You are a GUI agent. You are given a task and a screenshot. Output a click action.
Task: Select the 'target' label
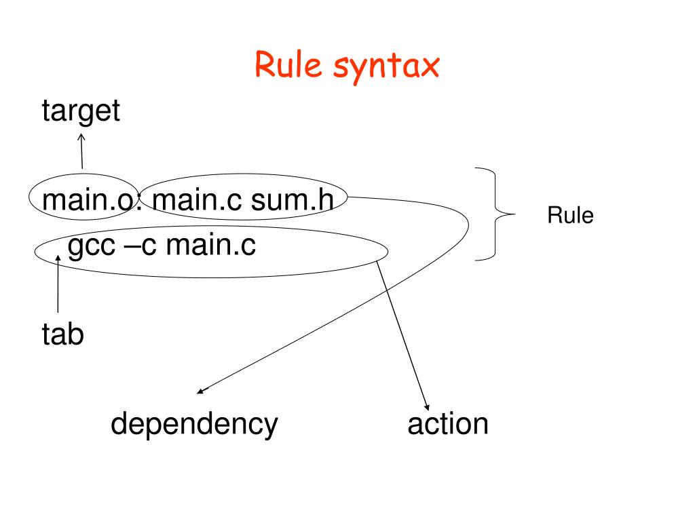tap(81, 111)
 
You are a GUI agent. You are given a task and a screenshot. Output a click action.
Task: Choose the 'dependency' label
tap(194, 425)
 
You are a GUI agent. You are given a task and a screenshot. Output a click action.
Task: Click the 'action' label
tap(448, 424)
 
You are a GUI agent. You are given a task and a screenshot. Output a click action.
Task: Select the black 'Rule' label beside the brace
tap(570, 216)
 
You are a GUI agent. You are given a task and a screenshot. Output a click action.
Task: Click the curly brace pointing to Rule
tap(495, 214)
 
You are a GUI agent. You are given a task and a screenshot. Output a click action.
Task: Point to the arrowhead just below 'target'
tap(81, 137)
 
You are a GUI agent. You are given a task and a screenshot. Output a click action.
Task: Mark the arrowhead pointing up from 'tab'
tap(59, 258)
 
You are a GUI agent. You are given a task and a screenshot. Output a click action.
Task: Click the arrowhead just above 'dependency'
tap(200, 391)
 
